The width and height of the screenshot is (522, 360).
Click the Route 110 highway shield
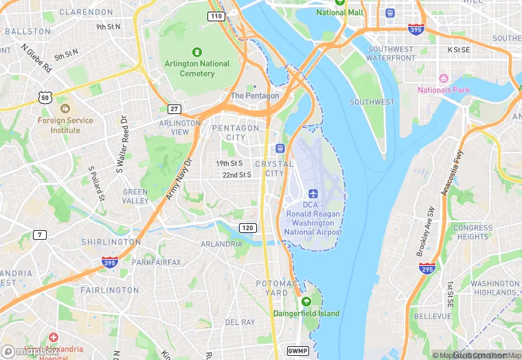[x=216, y=16]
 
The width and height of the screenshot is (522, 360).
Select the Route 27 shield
[x=174, y=109]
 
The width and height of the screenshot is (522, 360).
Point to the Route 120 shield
[x=247, y=227]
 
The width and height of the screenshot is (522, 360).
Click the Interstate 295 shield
[x=427, y=268]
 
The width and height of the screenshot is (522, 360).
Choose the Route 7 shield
[x=41, y=235]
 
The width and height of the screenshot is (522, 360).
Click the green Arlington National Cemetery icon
[x=197, y=52]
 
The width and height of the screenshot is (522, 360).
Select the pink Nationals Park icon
[x=443, y=79]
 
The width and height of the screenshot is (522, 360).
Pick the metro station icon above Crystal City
[x=280, y=148]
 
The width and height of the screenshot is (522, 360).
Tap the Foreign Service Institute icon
[x=65, y=109]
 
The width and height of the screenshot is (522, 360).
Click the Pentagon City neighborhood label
[x=236, y=133]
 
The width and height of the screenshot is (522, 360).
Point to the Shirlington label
[x=111, y=243]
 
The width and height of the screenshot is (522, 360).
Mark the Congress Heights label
[x=473, y=232]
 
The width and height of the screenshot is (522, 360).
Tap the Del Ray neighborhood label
[x=240, y=322]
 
